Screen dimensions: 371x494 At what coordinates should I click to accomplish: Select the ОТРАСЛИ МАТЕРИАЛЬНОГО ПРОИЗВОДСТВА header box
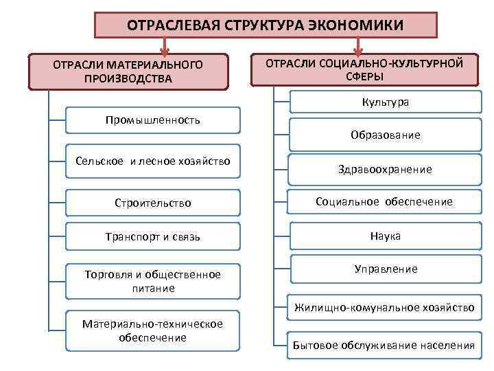(128, 71)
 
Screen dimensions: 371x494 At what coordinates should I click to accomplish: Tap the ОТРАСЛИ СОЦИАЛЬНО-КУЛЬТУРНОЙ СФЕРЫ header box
(364, 69)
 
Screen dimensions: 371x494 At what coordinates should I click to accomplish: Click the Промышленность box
(153, 120)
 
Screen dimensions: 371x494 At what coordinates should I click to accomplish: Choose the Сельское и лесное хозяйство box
(153, 161)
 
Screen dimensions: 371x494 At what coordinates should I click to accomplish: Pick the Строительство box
(153, 203)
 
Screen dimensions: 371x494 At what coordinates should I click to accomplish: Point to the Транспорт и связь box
(153, 237)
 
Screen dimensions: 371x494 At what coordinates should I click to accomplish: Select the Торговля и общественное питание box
(153, 281)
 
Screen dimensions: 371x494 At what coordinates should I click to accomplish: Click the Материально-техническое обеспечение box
(153, 330)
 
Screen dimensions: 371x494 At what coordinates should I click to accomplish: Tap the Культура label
(385, 102)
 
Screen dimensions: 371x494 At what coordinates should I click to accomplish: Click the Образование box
(384, 135)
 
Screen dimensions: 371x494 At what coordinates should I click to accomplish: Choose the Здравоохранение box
(384, 168)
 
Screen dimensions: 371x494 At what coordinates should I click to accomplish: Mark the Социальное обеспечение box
(384, 202)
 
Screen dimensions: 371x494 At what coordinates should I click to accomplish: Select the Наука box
(384, 236)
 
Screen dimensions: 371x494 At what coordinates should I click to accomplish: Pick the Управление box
(384, 269)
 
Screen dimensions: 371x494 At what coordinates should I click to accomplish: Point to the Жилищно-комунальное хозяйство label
(384, 308)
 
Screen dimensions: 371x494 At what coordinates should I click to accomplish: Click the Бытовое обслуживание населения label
(384, 345)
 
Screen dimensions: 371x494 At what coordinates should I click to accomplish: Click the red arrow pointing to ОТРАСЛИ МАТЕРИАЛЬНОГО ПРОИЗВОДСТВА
(164, 47)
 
